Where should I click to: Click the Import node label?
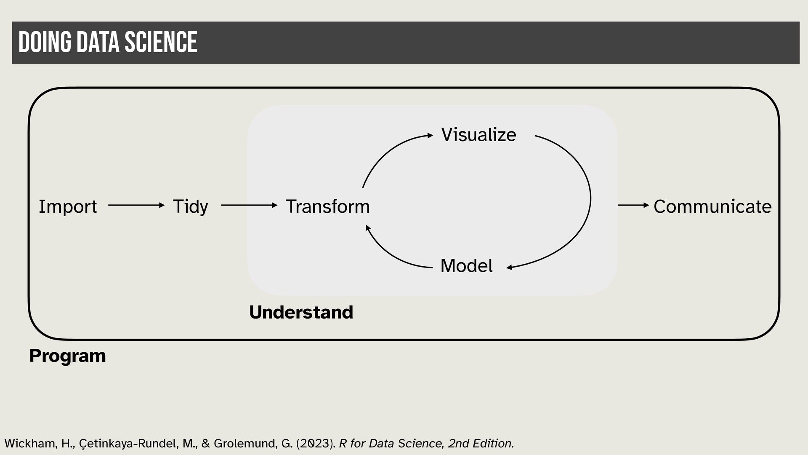68,206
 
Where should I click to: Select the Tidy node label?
190,206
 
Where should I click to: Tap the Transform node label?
327,206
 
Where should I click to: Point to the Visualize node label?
478,135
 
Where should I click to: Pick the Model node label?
466,266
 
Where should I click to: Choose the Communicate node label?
712,206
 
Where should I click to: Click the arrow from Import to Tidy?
136,205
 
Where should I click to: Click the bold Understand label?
301,312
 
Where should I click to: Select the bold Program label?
67,356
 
